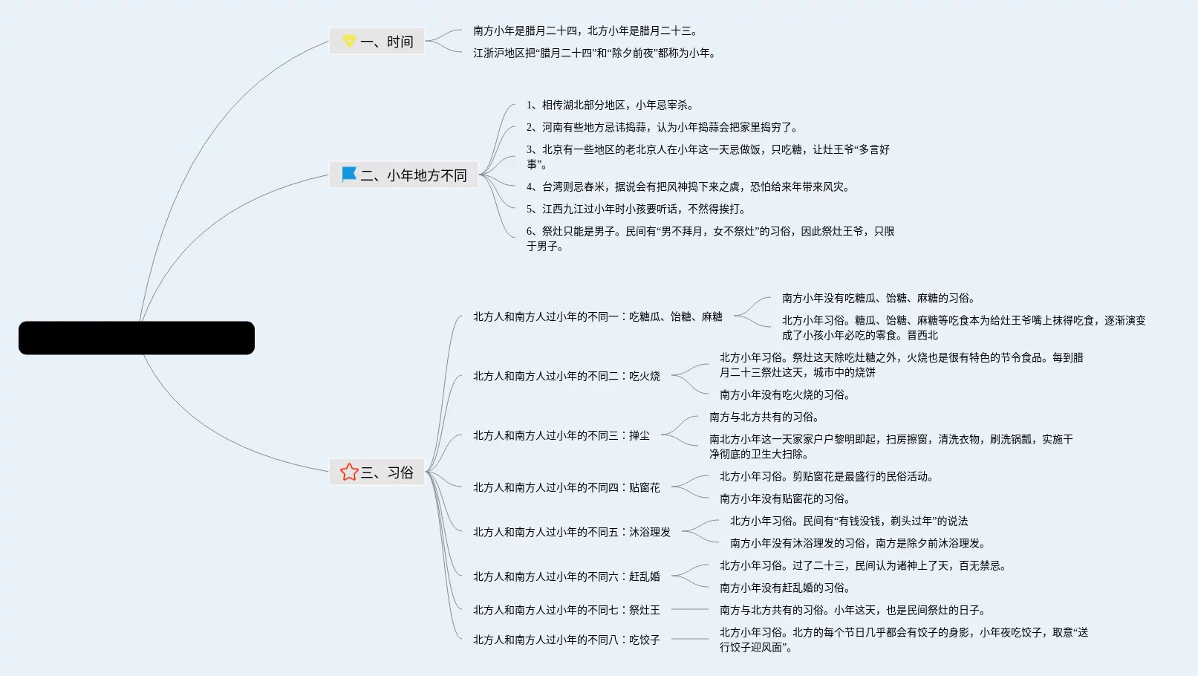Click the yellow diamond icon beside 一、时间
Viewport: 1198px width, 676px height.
click(x=349, y=41)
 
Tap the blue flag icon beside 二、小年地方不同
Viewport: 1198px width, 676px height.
click(x=349, y=175)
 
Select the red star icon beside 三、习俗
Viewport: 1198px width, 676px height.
click(x=349, y=472)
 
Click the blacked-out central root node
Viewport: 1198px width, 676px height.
click(x=137, y=337)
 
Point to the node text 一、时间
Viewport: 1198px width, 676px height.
click(x=387, y=42)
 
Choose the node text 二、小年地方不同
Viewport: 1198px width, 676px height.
click(x=414, y=175)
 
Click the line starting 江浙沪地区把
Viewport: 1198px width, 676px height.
click(x=594, y=53)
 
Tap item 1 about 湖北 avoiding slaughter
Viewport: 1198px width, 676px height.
click(x=611, y=105)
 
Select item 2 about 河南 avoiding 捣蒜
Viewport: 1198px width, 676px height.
click(x=662, y=127)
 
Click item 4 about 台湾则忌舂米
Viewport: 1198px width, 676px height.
click(x=688, y=186)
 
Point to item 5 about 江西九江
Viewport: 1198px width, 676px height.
click(x=636, y=209)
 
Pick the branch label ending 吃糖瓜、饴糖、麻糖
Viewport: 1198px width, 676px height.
click(x=598, y=316)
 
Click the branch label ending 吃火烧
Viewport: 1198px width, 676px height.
click(x=567, y=376)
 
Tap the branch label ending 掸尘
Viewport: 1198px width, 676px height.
click(x=561, y=435)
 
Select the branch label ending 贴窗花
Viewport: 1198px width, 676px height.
click(x=567, y=487)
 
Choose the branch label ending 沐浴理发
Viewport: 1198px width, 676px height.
click(x=572, y=532)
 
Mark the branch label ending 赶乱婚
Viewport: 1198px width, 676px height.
click(x=567, y=576)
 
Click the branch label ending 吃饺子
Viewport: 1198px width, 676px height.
click(x=567, y=640)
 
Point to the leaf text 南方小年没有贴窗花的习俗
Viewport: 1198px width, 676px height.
click(x=784, y=498)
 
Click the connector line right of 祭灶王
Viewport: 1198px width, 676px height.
click(x=690, y=609)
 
